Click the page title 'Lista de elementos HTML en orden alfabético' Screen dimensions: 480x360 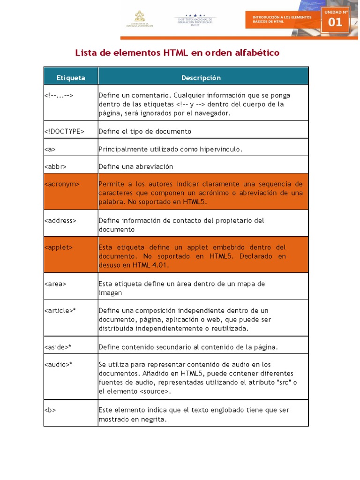tap(177, 52)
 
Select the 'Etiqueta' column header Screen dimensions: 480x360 tap(71, 77)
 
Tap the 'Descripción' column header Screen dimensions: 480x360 tap(201, 77)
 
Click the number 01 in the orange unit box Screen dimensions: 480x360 tap(335, 22)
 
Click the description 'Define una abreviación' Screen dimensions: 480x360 tap(136, 166)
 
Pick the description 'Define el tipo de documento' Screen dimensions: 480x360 tap(145, 131)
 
